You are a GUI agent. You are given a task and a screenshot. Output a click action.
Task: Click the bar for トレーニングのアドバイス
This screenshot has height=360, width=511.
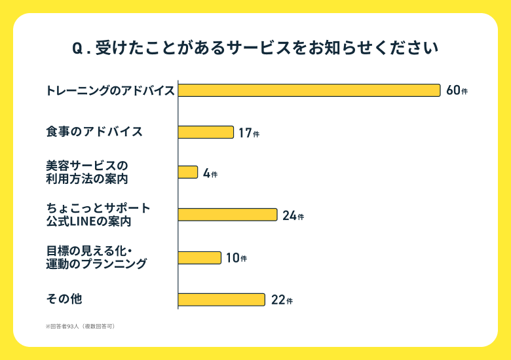point(309,90)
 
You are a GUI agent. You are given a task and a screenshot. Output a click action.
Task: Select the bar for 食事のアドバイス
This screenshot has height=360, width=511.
point(206,132)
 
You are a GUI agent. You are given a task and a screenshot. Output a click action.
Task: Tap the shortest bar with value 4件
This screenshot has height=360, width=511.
point(188,173)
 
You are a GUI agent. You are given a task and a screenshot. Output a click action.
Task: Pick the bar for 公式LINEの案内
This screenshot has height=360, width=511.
point(227,215)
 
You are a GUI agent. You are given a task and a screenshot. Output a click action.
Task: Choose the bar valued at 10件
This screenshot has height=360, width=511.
point(200,257)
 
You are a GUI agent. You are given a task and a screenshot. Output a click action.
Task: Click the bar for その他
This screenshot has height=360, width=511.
point(221,300)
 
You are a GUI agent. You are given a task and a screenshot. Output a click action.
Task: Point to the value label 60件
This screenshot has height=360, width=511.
point(457,90)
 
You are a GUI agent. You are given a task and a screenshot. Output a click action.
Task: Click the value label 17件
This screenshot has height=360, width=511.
point(248,133)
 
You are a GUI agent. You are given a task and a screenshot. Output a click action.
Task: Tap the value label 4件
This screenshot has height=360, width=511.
point(210,173)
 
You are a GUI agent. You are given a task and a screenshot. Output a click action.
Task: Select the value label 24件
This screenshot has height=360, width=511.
point(293,215)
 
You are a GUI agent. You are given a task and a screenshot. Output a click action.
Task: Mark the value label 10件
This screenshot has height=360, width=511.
point(236,258)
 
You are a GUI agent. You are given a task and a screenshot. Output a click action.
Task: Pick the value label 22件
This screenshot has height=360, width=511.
point(281,300)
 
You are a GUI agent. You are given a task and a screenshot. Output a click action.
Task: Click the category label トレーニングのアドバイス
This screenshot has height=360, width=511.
point(110,90)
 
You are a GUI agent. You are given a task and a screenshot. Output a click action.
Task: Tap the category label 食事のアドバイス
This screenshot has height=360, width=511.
point(94,132)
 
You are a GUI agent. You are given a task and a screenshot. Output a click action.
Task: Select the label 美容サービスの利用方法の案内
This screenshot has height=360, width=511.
point(86,171)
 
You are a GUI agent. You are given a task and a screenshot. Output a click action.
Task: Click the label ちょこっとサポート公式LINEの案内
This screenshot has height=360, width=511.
point(98,215)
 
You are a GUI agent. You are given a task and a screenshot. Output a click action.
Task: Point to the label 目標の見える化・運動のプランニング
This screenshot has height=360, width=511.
point(96,257)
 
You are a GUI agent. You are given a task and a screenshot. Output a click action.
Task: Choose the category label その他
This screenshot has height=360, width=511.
point(64,299)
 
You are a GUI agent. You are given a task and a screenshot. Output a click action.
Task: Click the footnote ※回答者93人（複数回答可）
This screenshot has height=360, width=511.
point(80,325)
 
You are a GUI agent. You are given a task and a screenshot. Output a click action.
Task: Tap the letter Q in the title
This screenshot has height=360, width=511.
point(77,49)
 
